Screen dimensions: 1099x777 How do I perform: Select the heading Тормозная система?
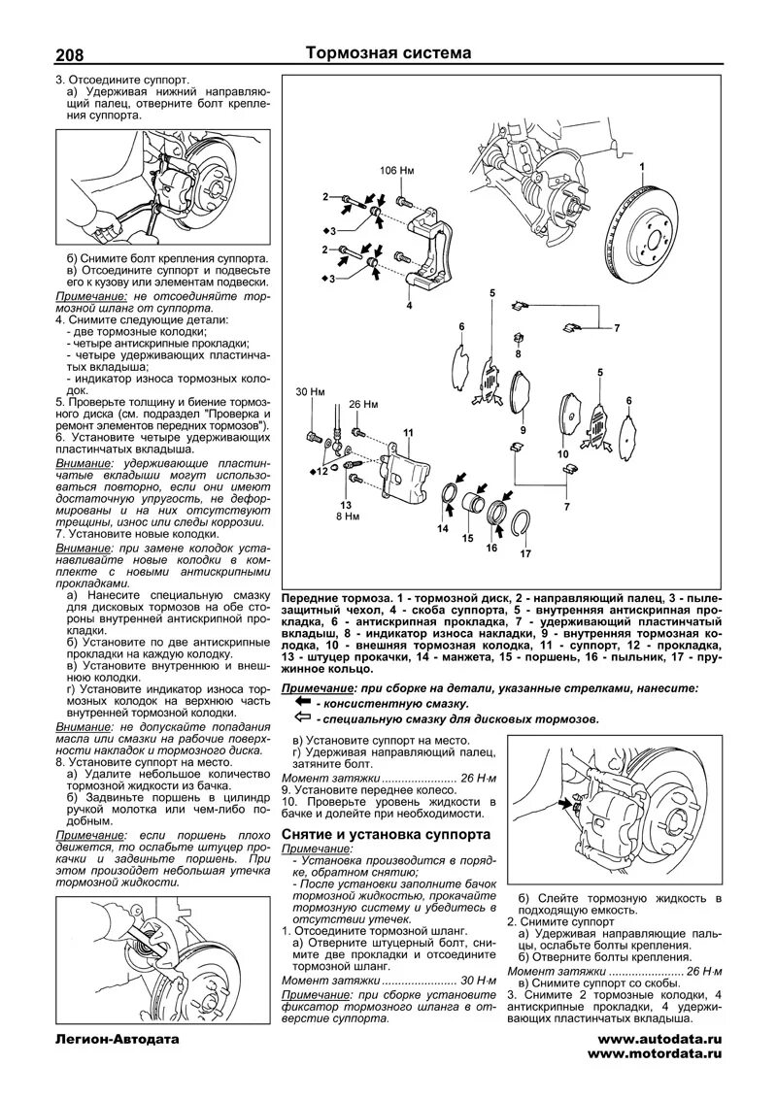tap(388, 53)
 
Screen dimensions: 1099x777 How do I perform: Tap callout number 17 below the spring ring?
tap(525, 554)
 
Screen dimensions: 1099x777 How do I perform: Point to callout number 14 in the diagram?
tap(443, 530)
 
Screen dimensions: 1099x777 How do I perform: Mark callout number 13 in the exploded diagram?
tap(346, 505)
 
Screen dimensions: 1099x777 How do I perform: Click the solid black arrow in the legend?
tap(302, 701)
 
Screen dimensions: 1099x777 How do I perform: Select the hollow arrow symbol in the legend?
tap(302, 717)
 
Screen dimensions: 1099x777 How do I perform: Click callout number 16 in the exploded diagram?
tap(491, 548)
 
